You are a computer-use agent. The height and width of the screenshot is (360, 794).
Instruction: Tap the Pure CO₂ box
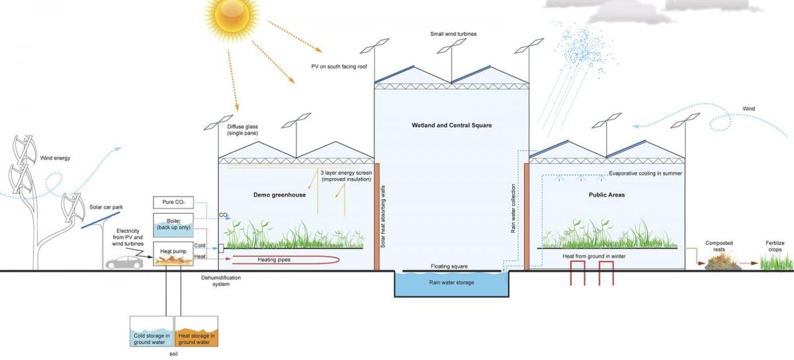[173, 202]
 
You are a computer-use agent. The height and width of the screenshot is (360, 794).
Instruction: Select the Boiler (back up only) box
[173, 224]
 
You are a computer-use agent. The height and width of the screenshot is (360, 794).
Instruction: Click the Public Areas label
[607, 195]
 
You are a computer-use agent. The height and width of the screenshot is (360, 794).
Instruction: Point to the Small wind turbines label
[451, 34]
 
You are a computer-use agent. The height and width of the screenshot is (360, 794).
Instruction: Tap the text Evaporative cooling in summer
[645, 174]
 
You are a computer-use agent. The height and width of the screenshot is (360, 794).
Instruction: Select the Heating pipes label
[274, 260]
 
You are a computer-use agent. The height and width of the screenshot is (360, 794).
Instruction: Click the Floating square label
[449, 266]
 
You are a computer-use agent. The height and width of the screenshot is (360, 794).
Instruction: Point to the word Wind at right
[748, 109]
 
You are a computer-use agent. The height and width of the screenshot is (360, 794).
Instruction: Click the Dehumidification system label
[221, 281]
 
